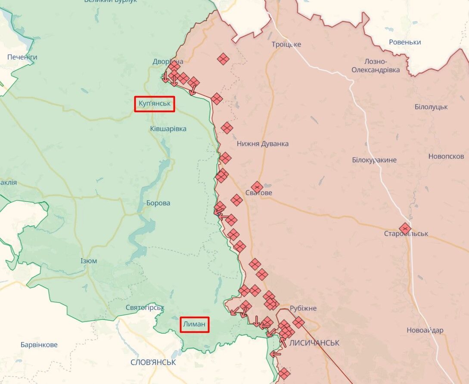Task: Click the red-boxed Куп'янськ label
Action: tap(155, 104)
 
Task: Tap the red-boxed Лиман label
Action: tap(195, 325)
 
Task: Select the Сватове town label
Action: tap(259, 193)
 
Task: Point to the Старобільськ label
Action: tap(406, 234)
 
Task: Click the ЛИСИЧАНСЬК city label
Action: tap(314, 343)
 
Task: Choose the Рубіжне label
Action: tap(303, 309)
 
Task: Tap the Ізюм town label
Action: tap(89, 261)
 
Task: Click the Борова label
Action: tap(158, 203)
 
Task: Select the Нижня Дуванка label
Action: tap(263, 144)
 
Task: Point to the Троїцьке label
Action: tap(286, 44)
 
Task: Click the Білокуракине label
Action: tap(374, 160)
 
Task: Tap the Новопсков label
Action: tap(446, 156)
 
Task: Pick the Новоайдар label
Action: tap(425, 331)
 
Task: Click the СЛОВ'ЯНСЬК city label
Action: tap(153, 362)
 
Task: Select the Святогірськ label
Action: tap(145, 308)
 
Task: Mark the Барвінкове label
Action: tap(39, 345)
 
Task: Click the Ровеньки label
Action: tap(405, 42)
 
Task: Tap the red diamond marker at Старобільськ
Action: tap(405, 228)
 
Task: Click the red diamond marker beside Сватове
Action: tap(257, 187)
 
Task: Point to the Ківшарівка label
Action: tap(168, 129)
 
